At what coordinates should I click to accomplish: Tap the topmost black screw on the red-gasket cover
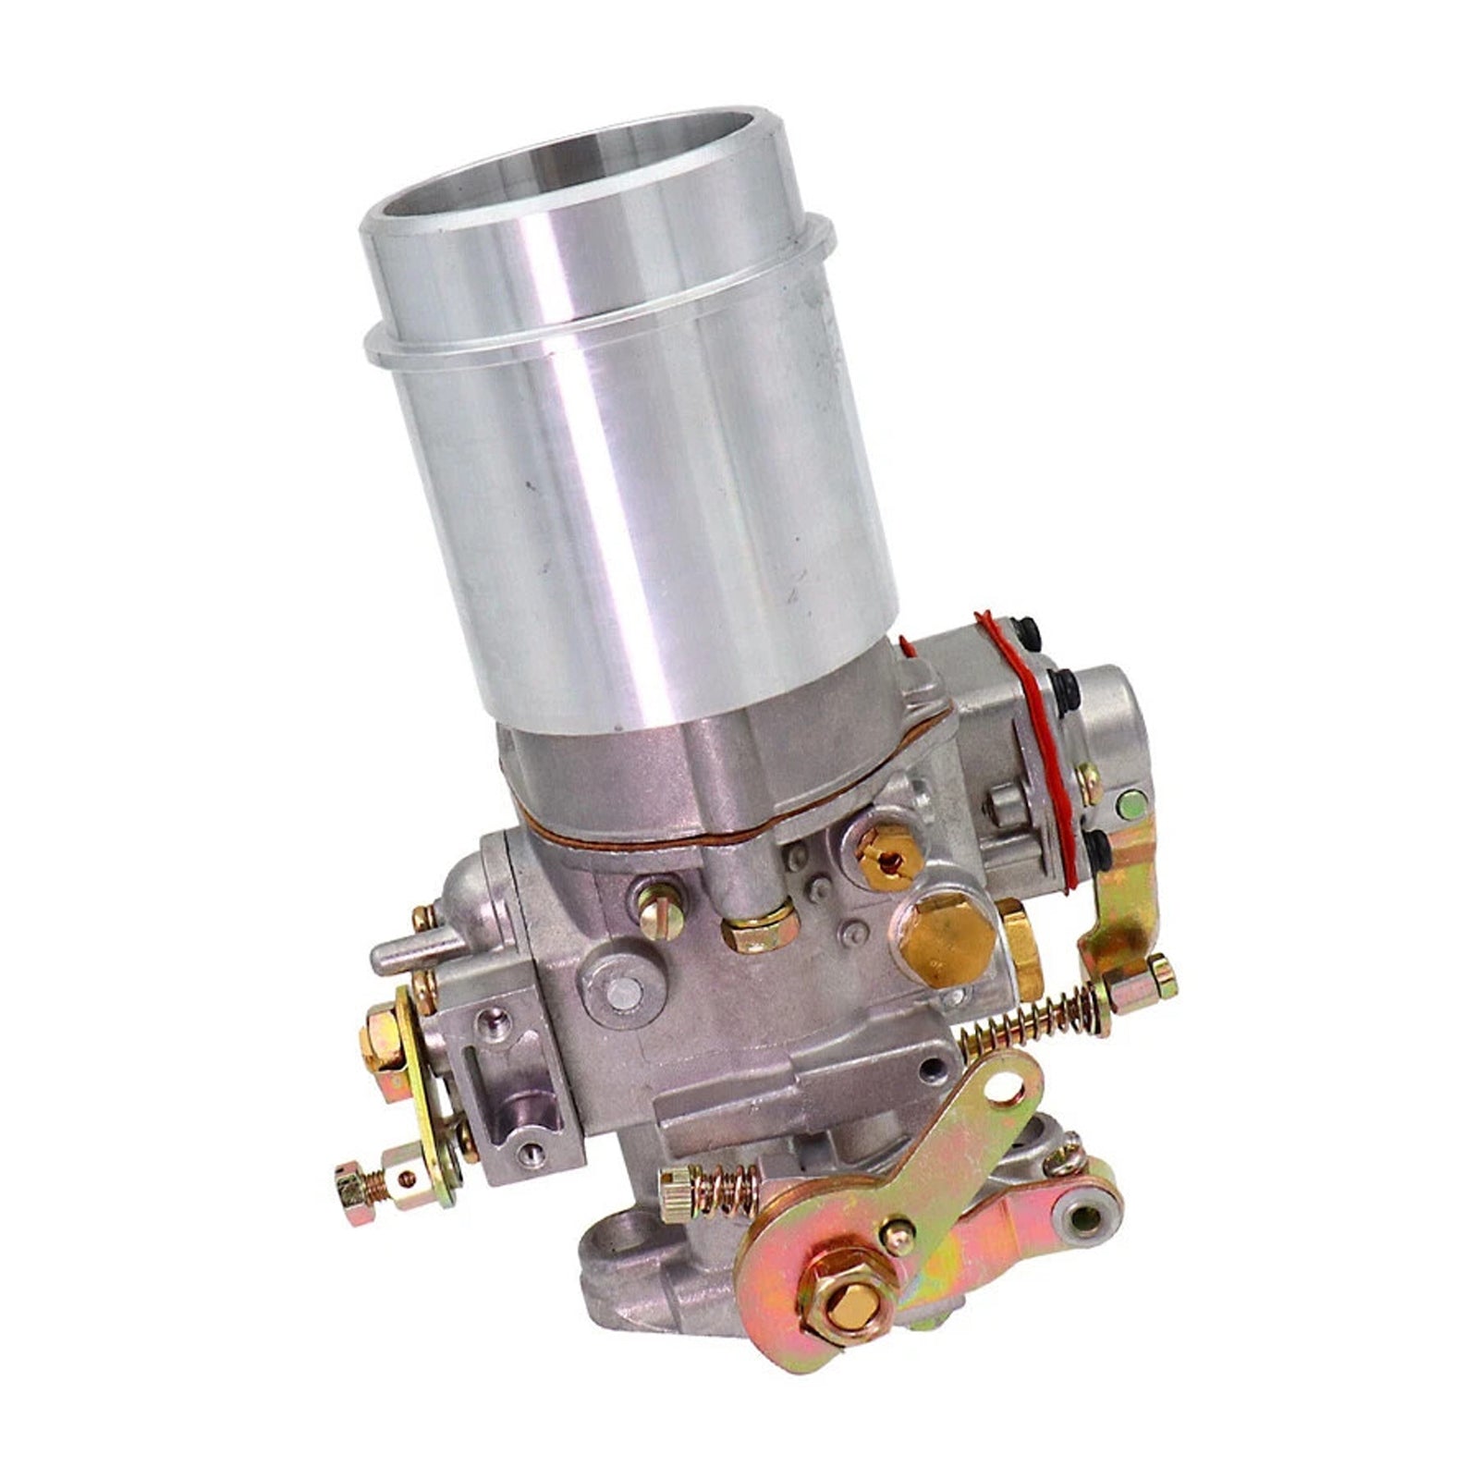pyautogui.click(x=1025, y=630)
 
